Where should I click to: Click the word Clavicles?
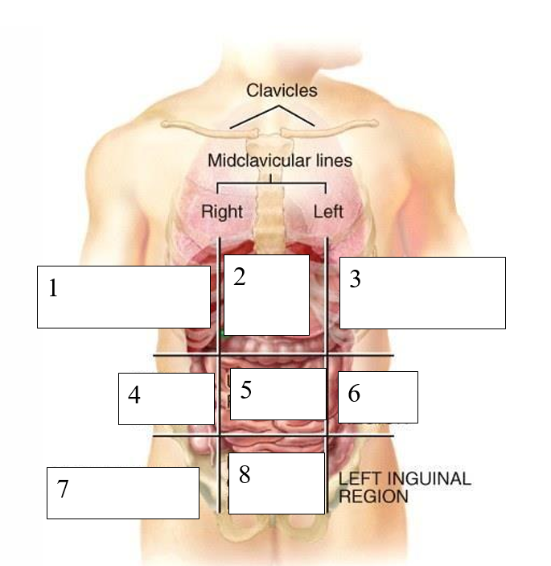tap(282, 90)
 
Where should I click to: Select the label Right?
tap(221, 213)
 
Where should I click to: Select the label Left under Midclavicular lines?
tap(328, 213)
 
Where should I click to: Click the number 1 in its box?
tap(53, 288)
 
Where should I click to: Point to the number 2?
tap(240, 277)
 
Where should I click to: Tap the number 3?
tap(356, 280)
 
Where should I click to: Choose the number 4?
tap(134, 395)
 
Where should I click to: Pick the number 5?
tap(246, 390)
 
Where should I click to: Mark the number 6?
tap(354, 394)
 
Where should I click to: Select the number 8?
tap(245, 475)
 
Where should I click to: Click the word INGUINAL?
tap(424, 478)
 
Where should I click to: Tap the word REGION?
tap(373, 496)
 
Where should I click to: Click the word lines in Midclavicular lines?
tap(334, 160)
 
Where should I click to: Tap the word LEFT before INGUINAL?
tap(356, 478)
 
